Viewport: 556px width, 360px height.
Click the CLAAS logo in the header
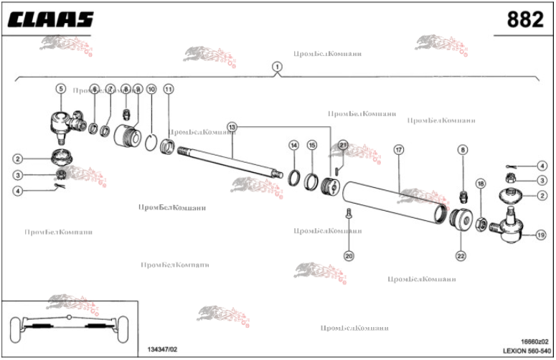[x=51, y=19]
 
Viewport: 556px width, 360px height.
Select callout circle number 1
[x=277, y=66]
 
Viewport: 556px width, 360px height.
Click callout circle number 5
[x=60, y=88]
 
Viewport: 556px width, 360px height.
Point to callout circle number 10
[x=151, y=90]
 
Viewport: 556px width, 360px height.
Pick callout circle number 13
[x=232, y=127]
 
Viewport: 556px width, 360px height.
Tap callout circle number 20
[x=349, y=255]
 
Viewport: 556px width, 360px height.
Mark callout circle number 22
[x=461, y=255]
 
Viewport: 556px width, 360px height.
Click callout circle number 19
[x=540, y=234]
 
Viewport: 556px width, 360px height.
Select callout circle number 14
[x=293, y=146]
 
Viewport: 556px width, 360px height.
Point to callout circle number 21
[x=343, y=145]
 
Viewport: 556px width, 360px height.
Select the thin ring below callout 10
[x=151, y=141]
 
